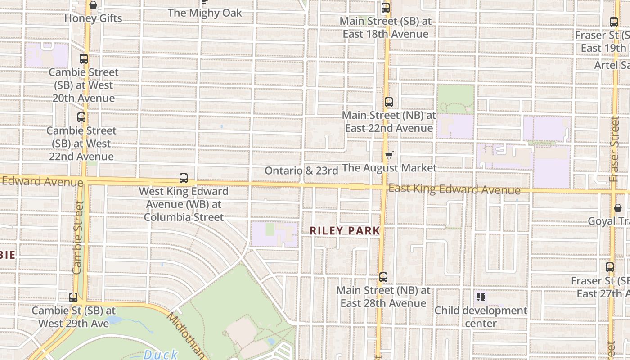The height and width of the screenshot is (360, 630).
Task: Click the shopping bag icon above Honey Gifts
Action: coord(93,5)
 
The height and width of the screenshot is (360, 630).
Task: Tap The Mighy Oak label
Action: coord(205,13)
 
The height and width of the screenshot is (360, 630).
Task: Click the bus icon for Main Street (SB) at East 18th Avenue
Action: coord(385,8)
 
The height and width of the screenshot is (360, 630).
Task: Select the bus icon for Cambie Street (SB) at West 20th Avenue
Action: coord(84,58)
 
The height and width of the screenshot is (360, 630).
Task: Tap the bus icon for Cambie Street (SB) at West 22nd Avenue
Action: coord(81,117)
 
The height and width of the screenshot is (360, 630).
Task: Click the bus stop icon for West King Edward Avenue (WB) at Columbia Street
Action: coord(184,178)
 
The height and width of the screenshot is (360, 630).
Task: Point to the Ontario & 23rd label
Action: coord(301,171)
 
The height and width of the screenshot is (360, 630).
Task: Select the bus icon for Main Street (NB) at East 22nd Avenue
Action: coord(389,102)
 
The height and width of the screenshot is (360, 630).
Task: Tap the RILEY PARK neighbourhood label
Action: coord(345,231)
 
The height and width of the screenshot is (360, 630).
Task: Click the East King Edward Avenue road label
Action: coord(454,189)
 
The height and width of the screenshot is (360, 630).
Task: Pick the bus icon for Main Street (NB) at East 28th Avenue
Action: coord(383,277)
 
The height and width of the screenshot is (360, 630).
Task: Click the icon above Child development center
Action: coord(481,297)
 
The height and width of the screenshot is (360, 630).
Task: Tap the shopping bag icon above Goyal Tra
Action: coord(617,208)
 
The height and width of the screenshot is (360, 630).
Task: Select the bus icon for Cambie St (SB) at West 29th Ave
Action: coord(73,297)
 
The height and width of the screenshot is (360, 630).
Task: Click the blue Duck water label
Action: coord(161,355)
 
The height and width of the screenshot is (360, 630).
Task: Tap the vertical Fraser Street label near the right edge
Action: coord(615,149)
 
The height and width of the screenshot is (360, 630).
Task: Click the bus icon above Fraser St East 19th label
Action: coord(614,22)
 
